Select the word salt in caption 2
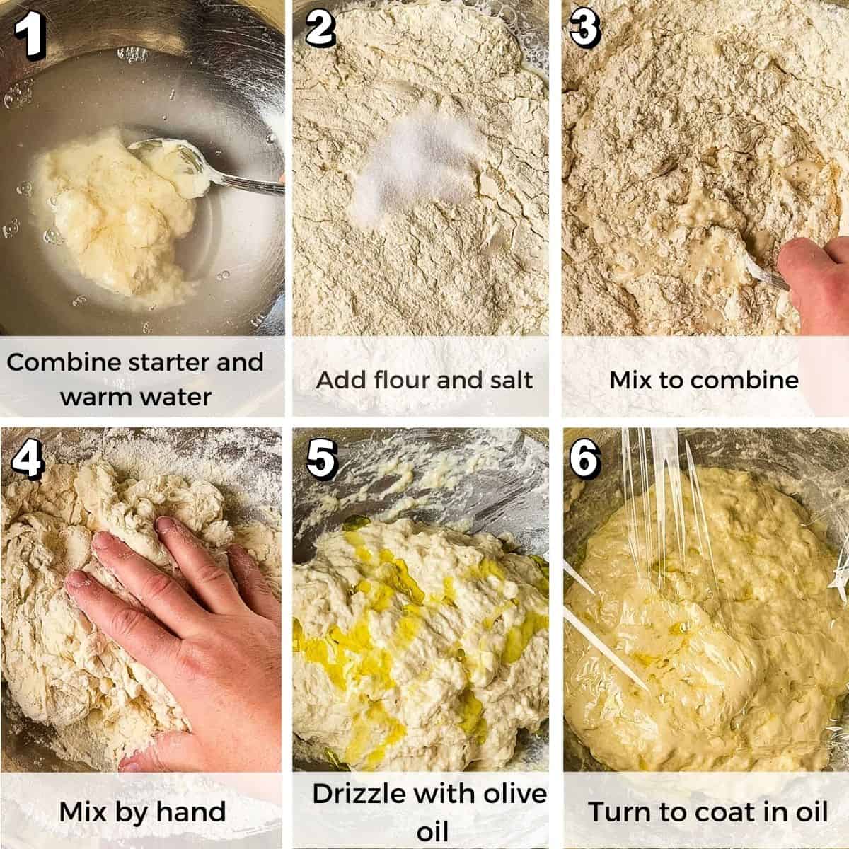click(506, 380)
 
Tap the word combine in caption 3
click(744, 380)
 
